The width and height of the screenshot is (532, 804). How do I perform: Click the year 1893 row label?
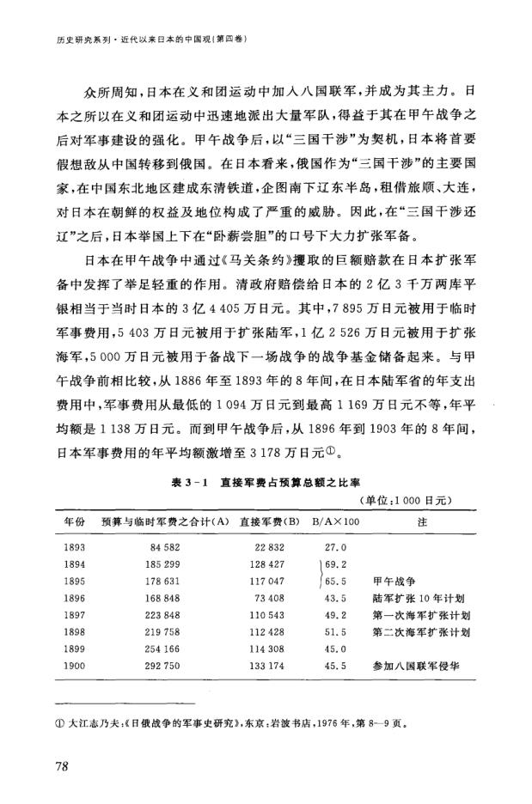point(75,547)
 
